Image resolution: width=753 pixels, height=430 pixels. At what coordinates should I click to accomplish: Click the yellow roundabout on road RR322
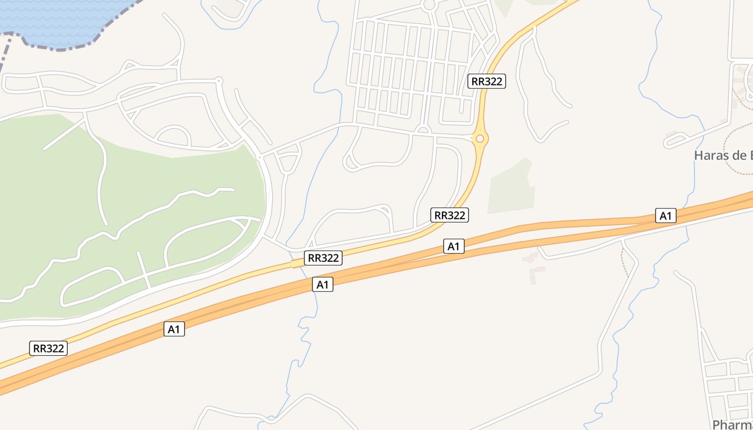pyautogui.click(x=480, y=139)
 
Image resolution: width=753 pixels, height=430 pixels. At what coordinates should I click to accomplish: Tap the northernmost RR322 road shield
pyautogui.click(x=486, y=81)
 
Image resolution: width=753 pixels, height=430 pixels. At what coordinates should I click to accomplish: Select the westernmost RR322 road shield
pyautogui.click(x=48, y=348)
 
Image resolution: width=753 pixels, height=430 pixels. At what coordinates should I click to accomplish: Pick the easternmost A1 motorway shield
pyautogui.click(x=666, y=216)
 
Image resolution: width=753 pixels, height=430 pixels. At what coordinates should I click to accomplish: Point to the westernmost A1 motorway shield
pyautogui.click(x=174, y=329)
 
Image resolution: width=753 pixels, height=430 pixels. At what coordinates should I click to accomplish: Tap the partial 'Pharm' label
pyautogui.click(x=732, y=424)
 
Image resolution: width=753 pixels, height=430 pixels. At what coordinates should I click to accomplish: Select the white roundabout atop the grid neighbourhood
pyautogui.click(x=429, y=5)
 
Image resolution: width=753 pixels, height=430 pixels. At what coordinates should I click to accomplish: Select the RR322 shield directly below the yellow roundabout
pyautogui.click(x=450, y=215)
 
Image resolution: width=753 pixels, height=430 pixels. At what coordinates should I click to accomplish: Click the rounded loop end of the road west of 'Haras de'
pyautogui.click(x=669, y=144)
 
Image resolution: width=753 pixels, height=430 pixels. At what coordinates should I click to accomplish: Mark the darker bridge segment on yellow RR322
pyautogui.click(x=296, y=263)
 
